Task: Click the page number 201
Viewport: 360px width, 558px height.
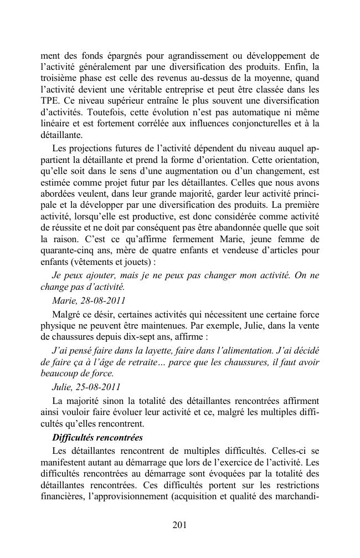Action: (179, 525)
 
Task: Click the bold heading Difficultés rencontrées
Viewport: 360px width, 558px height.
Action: (97, 437)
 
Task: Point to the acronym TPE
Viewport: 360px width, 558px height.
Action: (50, 101)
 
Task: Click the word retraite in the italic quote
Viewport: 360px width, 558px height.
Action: (146, 362)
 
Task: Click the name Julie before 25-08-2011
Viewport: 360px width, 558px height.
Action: (61, 386)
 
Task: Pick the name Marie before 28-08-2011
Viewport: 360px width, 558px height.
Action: (64, 300)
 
